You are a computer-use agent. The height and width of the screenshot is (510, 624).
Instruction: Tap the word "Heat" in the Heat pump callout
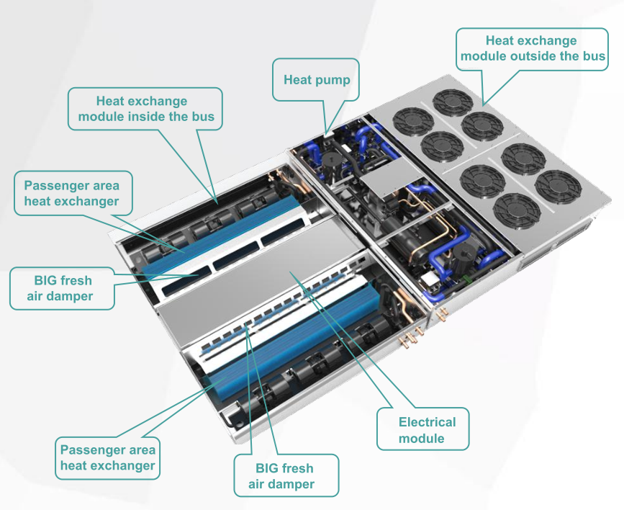tap(298, 79)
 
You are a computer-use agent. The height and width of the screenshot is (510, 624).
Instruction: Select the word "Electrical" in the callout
tap(427, 422)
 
